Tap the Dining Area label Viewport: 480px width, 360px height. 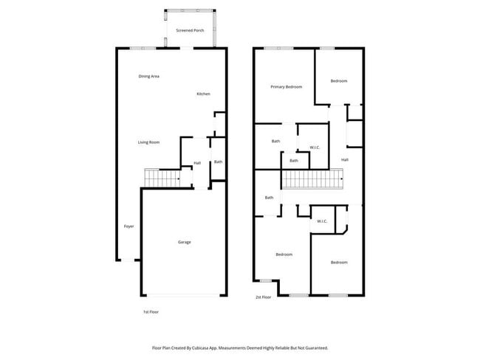coord(149,77)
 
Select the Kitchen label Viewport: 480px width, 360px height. coord(203,94)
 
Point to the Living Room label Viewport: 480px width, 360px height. coord(148,142)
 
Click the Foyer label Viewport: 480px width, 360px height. coord(129,226)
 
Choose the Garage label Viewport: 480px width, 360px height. coord(184,242)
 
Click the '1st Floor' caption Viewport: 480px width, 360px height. coord(151,312)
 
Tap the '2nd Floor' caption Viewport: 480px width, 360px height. coord(264,297)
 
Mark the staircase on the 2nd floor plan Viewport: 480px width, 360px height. coord(314,179)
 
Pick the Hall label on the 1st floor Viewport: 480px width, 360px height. coord(197,163)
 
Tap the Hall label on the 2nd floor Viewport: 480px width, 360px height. coord(345,160)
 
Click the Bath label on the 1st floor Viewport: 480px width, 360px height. coord(218,162)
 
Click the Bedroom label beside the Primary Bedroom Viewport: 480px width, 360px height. coord(338,81)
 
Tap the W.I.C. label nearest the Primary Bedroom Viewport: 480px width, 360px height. coord(315,148)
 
